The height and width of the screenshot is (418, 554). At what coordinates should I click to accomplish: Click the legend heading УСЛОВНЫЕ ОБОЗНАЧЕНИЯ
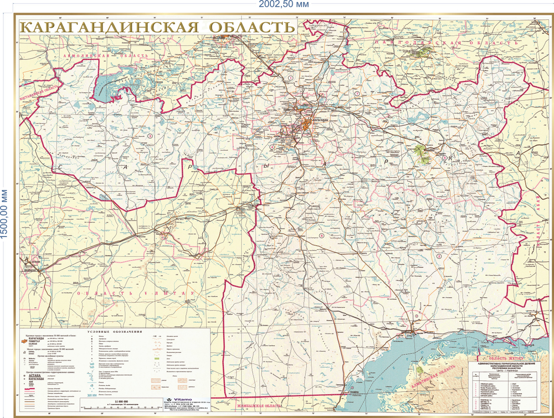click(112, 332)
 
